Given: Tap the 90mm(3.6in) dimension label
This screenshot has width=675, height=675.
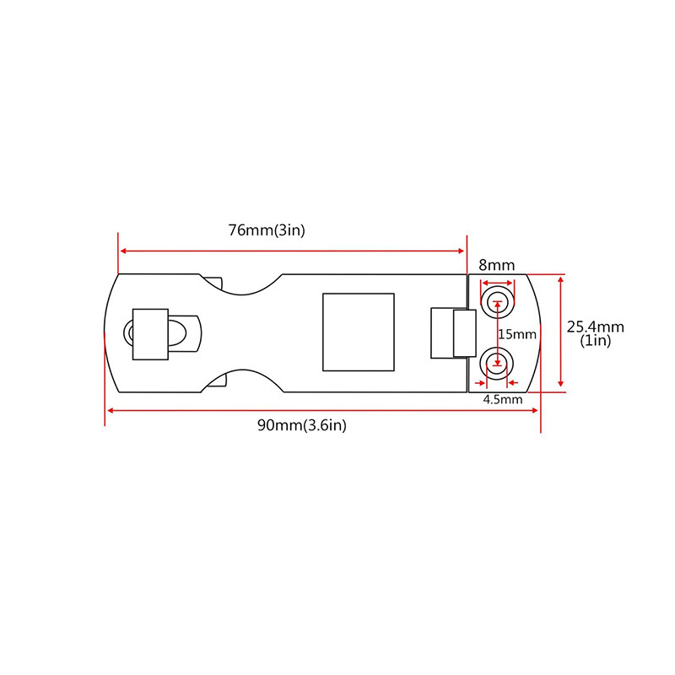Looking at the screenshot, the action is (x=302, y=425).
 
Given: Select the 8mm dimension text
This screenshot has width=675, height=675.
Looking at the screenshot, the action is (x=496, y=265).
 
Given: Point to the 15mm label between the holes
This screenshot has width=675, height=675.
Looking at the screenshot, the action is (x=517, y=334).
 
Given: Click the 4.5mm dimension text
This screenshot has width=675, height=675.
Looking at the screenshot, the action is (x=503, y=398).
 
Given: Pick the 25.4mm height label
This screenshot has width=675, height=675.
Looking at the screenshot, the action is (x=595, y=327).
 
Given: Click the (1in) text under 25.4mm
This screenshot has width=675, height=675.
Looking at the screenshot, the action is (x=596, y=341).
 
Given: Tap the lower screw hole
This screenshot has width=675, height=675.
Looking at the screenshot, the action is (x=496, y=364).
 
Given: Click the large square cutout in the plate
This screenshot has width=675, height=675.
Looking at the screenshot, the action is (x=359, y=332).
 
